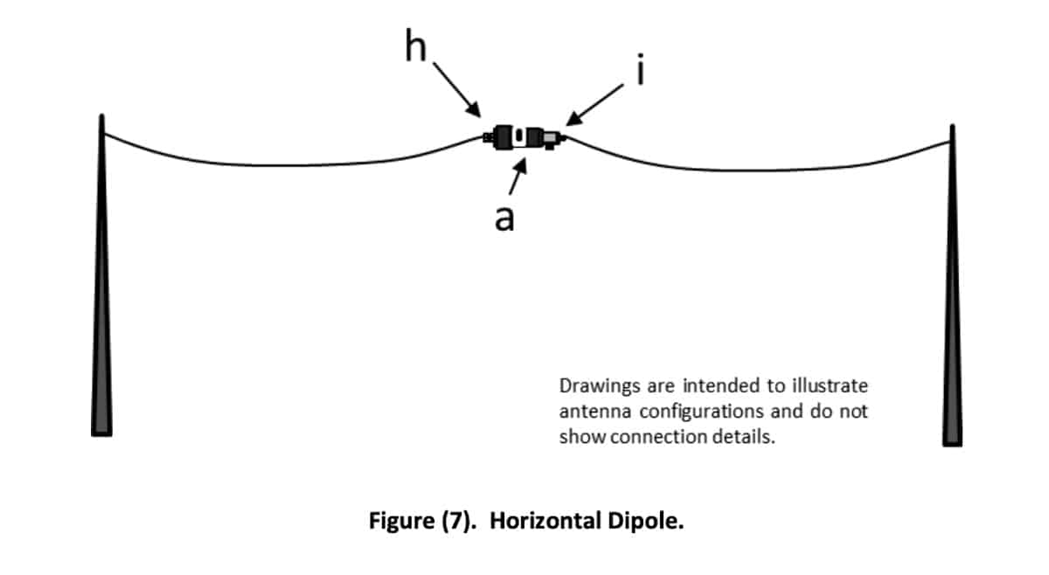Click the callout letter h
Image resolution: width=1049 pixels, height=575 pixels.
(416, 45)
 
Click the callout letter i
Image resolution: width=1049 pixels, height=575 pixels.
(641, 69)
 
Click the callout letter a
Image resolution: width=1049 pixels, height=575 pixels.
(504, 218)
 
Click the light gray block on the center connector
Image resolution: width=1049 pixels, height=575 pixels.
(550, 138)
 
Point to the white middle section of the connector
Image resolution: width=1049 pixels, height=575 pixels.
(519, 137)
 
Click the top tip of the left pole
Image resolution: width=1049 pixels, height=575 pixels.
(101, 114)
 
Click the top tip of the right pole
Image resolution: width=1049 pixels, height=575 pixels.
(952, 125)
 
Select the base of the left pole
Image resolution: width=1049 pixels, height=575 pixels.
(101, 433)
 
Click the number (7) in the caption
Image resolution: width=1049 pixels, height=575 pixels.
(456, 521)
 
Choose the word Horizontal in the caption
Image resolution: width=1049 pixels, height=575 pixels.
(545, 521)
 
